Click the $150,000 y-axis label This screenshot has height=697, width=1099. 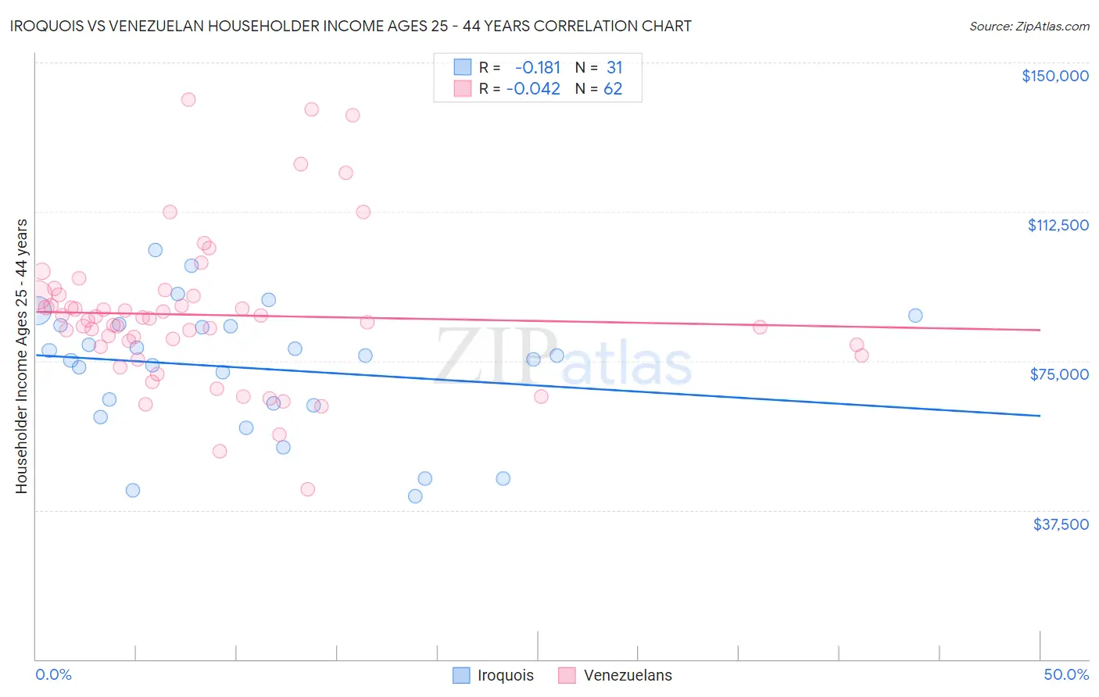pos(1054,76)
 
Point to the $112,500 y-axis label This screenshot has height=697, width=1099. pos(1058,225)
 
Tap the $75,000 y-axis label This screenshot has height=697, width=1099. pos(1059,374)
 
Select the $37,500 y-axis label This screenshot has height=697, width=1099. pos(1060,524)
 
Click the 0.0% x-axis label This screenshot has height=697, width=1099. pos(53,674)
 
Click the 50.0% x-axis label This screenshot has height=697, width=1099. pos(1066,674)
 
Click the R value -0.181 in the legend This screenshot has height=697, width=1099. pos(537,67)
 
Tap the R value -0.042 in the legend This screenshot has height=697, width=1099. pos(533,88)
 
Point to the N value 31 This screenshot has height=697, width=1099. pos(614,67)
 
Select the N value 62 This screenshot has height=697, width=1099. pos(613,88)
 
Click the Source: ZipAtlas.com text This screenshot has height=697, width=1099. pos(1029,26)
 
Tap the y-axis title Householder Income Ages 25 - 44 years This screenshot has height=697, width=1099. pos(21,356)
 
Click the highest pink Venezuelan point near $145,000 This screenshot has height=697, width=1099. pos(188,99)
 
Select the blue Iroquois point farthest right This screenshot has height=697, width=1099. pos(915,316)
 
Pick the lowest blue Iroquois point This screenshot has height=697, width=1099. pos(415,496)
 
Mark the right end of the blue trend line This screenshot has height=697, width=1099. pos(1040,416)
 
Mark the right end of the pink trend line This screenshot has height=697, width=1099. pos(1040,330)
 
